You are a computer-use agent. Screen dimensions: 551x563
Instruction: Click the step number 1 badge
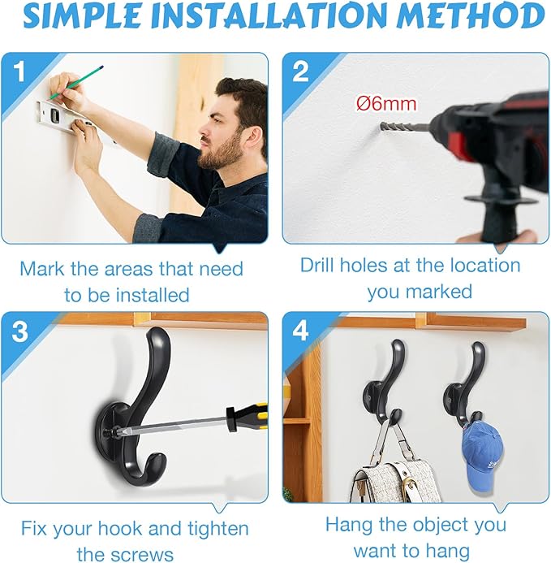tap(19, 71)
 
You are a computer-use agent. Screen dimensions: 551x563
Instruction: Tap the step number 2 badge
tap(300, 71)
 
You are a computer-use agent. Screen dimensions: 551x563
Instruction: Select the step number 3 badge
tap(19, 331)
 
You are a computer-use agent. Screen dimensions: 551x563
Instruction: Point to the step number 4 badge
tap(300, 330)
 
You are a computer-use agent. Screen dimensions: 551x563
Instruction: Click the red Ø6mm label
tap(386, 104)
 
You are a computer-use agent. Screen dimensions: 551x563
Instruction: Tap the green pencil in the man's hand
tap(76, 82)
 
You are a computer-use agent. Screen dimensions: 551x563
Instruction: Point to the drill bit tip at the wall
tap(381, 126)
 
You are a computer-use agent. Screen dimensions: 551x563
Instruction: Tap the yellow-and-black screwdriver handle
tap(247, 417)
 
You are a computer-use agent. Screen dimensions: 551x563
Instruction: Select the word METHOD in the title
tap(471, 16)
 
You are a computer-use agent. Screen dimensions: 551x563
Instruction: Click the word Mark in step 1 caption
tap(41, 269)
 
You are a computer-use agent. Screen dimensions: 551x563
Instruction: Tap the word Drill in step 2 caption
tap(318, 265)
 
